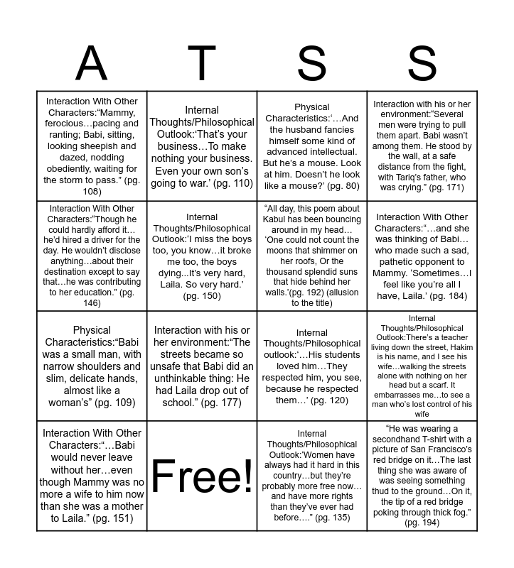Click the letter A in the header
[91, 64]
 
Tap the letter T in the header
[201, 64]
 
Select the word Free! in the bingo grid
[202, 476]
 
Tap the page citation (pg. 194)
[422, 523]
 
